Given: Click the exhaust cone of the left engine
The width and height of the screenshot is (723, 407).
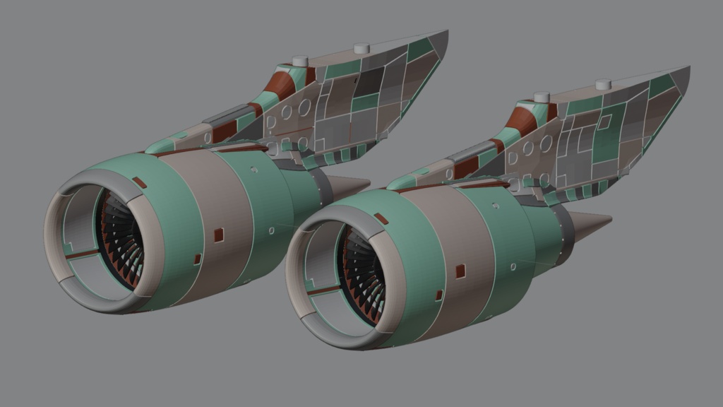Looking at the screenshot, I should pyautogui.click(x=347, y=186).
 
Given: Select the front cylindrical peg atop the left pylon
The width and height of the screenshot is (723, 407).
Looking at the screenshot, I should pyautogui.click(x=299, y=61).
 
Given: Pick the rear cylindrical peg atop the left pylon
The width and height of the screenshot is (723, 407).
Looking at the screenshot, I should pyautogui.click(x=361, y=48).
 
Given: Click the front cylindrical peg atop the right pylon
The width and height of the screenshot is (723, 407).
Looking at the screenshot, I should pyautogui.click(x=542, y=97).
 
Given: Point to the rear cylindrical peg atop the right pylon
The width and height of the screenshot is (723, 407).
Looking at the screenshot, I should pyautogui.click(x=602, y=85).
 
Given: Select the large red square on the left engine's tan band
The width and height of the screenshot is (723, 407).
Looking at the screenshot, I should pyautogui.click(x=218, y=233).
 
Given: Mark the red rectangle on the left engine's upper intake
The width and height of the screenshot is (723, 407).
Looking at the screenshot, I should pyautogui.click(x=140, y=183).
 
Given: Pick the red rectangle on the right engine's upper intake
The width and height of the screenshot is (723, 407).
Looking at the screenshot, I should pyautogui.click(x=381, y=218).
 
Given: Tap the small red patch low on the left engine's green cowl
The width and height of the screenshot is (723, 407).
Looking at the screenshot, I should pyautogui.click(x=197, y=259).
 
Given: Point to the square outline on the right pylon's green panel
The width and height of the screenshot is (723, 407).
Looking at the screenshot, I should pyautogui.click(x=604, y=122).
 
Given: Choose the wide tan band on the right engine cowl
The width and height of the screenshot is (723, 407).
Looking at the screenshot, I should pyautogui.click(x=452, y=247).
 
